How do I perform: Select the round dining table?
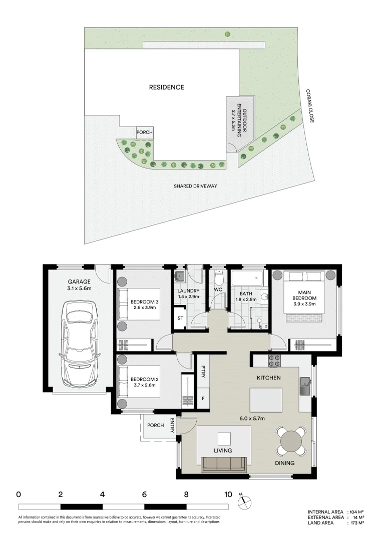point(292,440)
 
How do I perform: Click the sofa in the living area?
point(223,464)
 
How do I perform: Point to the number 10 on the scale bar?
point(228,494)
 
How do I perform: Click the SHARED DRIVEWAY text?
point(195,186)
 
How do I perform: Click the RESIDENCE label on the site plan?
point(167,87)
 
